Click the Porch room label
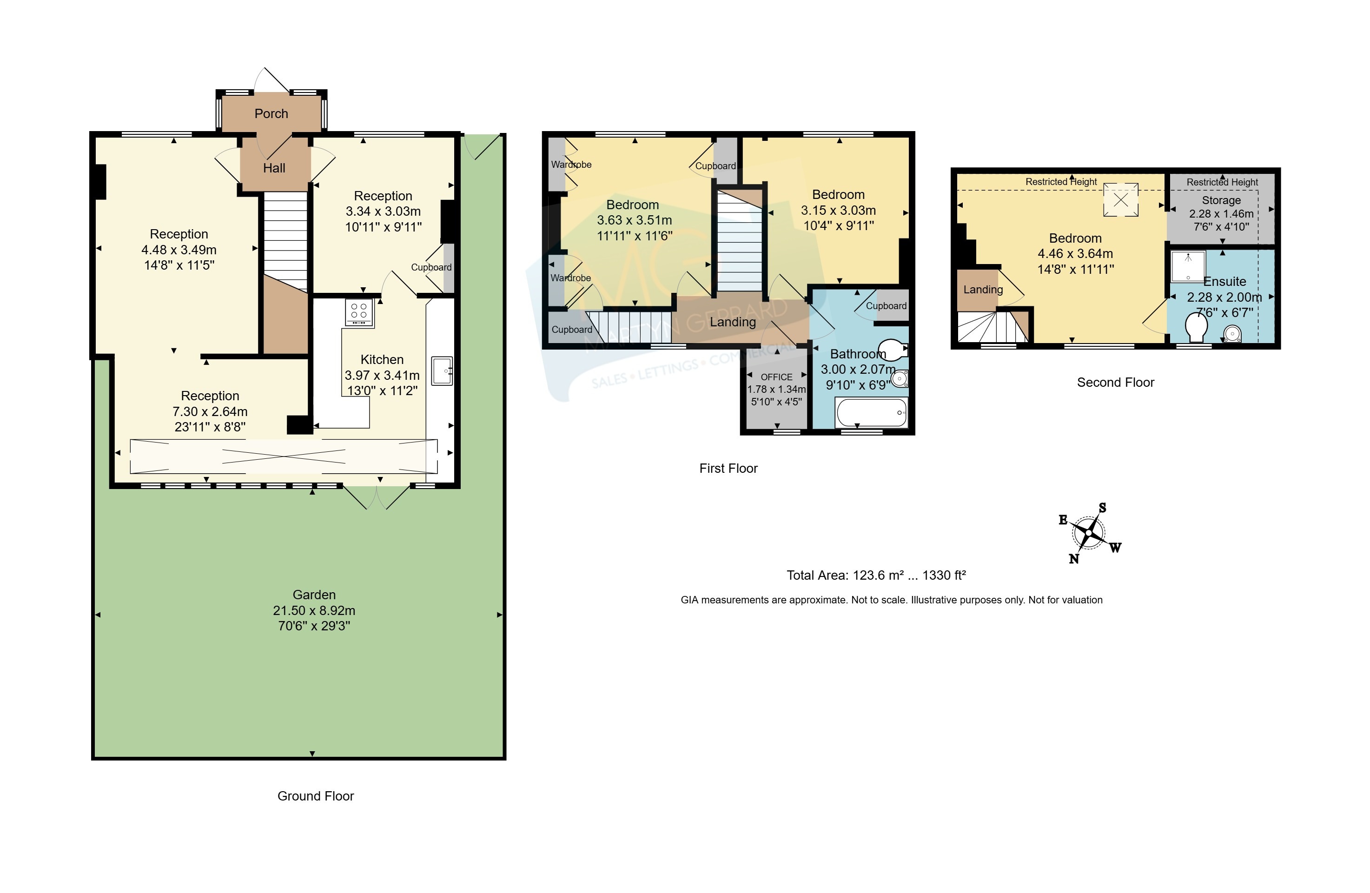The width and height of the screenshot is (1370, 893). point(271,113)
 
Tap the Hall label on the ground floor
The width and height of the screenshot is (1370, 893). point(274,168)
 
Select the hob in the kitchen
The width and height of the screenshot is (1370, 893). point(359,313)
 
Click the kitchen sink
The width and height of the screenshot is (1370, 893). point(442,371)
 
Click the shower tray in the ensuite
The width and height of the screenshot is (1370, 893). point(1188,266)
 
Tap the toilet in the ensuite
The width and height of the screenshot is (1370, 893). point(1197,327)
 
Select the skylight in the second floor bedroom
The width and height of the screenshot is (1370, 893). point(1121,200)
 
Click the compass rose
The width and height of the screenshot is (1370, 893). point(1089,533)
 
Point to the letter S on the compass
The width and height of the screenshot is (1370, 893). point(1102,508)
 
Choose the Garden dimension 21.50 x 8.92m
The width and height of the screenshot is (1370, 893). point(314,610)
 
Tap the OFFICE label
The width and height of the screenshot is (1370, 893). point(776,377)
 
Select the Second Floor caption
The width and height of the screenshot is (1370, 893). point(1116,382)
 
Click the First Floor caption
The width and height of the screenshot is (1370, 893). point(728,468)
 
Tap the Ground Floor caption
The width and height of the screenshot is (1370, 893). point(316,796)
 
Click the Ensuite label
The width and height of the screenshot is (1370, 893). point(1224,282)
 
